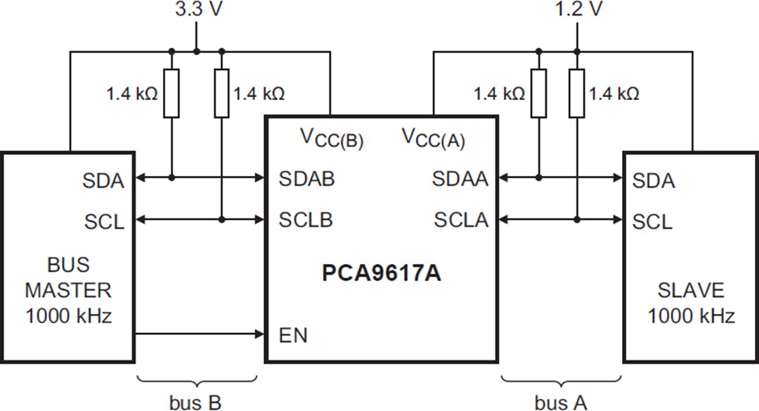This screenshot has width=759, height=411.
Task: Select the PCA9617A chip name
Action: pos(382,273)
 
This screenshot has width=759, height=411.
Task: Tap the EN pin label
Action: pos(293,335)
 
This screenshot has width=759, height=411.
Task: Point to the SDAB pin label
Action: pos(306,178)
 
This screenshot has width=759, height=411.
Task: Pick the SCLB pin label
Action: pos(306,220)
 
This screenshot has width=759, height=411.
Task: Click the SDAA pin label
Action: pos(460,179)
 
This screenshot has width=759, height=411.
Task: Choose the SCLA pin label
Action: pos(460,220)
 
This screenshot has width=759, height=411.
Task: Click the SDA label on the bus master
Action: pos(103,181)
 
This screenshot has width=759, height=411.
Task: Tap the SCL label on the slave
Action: pos(652,222)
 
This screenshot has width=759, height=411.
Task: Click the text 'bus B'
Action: pos(195,403)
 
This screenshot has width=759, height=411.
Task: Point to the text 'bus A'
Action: pos(560,403)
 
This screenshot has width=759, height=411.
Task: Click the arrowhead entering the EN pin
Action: pos(257,334)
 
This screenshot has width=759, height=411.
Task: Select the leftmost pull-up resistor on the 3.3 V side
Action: pos(171,94)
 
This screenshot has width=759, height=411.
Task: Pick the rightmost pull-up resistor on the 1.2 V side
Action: pos(576,94)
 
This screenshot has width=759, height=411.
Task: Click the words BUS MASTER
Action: pos(68,277)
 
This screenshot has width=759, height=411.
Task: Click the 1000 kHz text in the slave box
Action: pos(691,315)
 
